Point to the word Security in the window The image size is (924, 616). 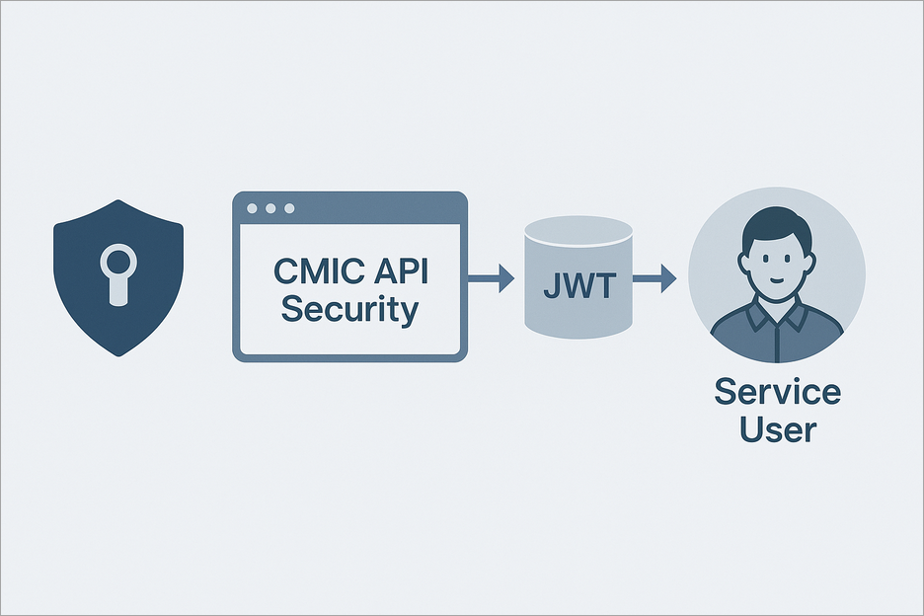coord(349,309)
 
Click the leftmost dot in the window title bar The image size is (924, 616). coord(252,208)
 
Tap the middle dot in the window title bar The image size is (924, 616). coord(269,208)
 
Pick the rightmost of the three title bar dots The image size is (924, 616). coord(288,208)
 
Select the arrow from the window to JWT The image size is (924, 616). coord(491,279)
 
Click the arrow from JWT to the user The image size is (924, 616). coord(654,279)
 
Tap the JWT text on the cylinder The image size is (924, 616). coord(577,287)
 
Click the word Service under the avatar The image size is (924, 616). coord(777,392)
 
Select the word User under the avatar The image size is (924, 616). coord(777,430)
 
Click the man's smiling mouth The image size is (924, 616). coord(777,281)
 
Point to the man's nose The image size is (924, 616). coord(777,267)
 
